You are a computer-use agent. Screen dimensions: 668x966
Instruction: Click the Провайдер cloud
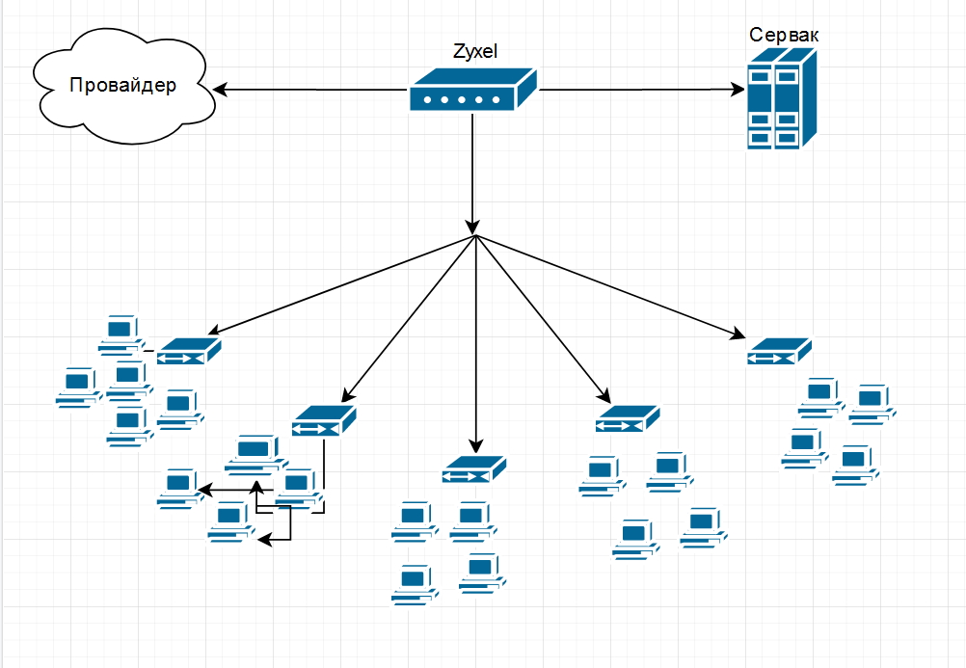tap(122, 87)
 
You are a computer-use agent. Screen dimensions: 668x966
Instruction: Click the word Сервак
tap(784, 35)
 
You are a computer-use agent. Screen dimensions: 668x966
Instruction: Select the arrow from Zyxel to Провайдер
tap(309, 90)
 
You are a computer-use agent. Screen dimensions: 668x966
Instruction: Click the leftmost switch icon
tap(189, 351)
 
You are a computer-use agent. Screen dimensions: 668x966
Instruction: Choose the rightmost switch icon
tap(778, 351)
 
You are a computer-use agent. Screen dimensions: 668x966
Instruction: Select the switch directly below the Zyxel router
tap(474, 469)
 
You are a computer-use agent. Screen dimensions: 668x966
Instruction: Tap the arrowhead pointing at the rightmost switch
tap(738, 335)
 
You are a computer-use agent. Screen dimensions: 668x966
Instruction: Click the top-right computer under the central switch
tap(473, 520)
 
